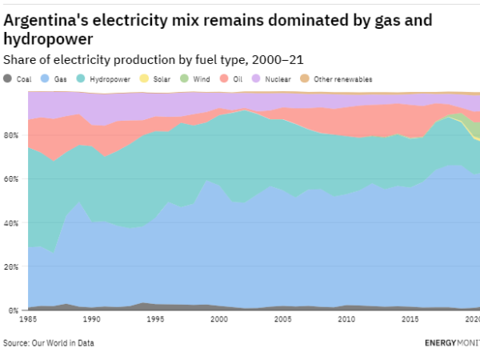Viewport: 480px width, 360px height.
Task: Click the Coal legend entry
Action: tap(18, 79)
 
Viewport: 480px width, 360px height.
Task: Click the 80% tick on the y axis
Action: tap(12, 135)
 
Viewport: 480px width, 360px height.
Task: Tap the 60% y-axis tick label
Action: tap(12, 179)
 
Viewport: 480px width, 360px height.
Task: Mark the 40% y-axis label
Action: tap(12, 222)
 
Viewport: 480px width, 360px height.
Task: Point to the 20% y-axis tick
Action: tap(12, 266)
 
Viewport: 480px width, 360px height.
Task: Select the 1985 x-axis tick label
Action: tap(28, 319)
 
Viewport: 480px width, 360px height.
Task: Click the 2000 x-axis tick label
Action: tap(218, 319)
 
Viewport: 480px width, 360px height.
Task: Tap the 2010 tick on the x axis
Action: tap(346, 319)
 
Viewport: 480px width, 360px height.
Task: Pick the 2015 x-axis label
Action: tap(410, 319)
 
